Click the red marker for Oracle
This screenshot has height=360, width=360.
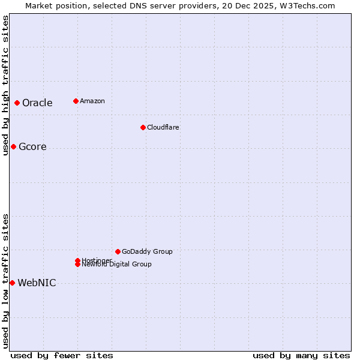pos(17,103)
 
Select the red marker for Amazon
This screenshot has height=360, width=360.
pos(76,101)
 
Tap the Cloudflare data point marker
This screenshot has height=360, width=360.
pos(143,127)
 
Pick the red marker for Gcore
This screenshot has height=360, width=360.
pos(13,147)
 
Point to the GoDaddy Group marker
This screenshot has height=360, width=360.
pos(118,251)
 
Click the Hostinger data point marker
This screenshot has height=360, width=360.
pos(77,260)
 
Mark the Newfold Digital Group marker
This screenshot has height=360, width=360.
pos(77,265)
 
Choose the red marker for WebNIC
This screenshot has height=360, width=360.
pos(12,283)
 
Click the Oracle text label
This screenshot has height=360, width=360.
pos(37,103)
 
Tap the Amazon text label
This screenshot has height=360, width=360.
pos(92,101)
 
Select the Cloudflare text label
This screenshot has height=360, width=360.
pos(163,127)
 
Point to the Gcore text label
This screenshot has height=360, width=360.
pos(32,147)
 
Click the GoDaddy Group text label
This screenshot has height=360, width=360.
pos(147,251)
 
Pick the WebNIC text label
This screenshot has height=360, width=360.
pos(37,283)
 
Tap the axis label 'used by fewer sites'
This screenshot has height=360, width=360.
pos(62,355)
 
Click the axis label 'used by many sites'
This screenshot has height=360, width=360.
pos(301,355)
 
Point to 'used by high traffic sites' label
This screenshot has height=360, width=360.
pos(5,85)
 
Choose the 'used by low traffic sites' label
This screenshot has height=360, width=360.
pos(5,281)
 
